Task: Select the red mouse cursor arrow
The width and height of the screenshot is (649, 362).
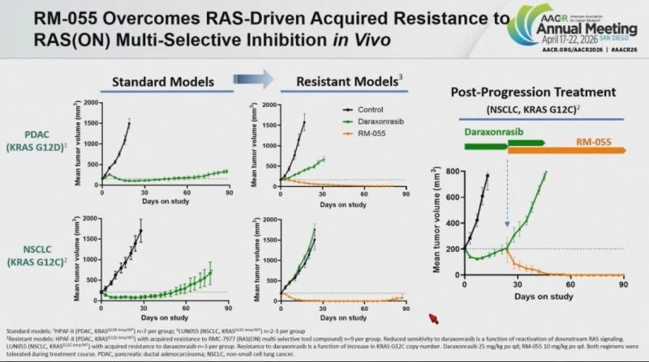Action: click(433, 317)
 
